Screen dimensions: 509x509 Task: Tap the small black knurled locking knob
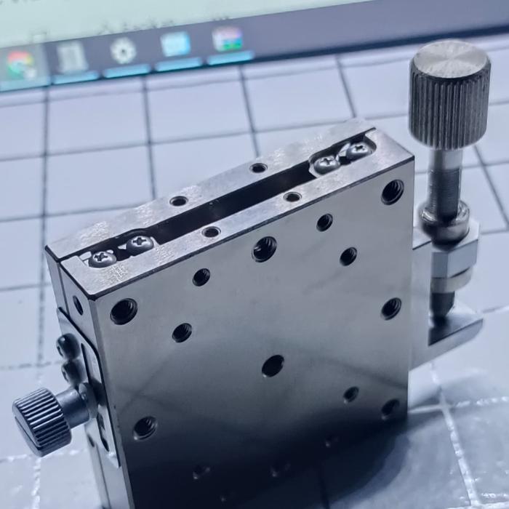tap(42, 420)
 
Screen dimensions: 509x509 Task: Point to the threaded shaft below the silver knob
tap(443, 182)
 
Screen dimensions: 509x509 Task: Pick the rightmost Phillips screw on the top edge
tap(357, 151)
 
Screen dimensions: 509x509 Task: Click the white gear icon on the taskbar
tap(123, 52)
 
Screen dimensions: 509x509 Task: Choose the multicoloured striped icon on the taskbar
tap(228, 39)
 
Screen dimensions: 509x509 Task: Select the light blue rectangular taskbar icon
tap(175, 45)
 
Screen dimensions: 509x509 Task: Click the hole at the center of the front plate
tap(273, 365)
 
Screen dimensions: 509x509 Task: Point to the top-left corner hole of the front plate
tap(124, 311)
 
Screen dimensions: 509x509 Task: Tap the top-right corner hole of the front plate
tap(392, 192)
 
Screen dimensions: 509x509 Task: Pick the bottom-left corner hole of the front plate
tap(145, 428)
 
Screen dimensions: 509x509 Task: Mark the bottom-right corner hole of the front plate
tap(390, 407)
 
